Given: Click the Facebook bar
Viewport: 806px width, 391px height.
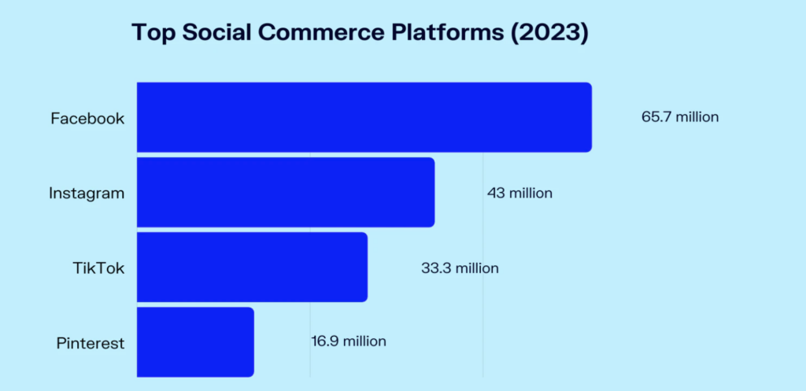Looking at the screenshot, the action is click(x=364, y=117).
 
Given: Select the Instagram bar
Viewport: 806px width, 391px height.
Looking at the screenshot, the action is click(x=286, y=192).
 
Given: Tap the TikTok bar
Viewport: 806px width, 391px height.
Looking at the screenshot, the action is click(x=253, y=267).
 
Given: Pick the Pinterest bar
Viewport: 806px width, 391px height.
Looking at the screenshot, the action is click(x=195, y=342).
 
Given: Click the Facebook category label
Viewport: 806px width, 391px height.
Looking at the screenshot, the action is click(x=87, y=119).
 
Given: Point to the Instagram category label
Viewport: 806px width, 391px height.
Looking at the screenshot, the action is click(x=87, y=194).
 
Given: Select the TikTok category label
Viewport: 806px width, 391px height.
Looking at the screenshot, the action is click(x=98, y=268).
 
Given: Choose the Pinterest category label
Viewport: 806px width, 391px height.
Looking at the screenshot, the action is click(x=91, y=343).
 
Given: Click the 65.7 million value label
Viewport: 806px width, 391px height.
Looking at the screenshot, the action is click(x=680, y=117).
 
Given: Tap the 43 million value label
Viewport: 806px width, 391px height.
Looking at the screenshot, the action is click(x=519, y=194).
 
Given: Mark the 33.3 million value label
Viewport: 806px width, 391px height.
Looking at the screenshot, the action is click(x=460, y=268).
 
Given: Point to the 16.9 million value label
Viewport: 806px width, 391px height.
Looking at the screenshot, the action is click(x=349, y=341).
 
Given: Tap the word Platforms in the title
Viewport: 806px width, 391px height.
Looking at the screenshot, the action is click(x=446, y=33).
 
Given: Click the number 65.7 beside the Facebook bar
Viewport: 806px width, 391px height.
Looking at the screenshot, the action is click(x=656, y=117).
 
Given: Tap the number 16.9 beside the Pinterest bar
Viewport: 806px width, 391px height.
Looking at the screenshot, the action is click(x=325, y=341).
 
